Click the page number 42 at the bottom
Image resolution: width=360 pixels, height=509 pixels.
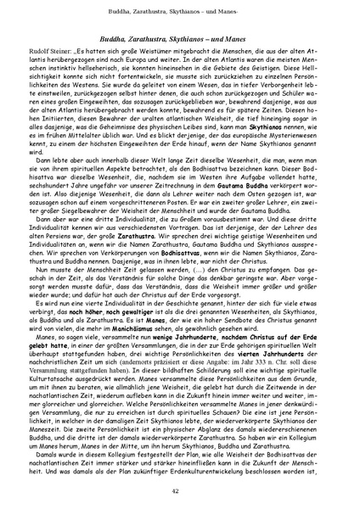180,491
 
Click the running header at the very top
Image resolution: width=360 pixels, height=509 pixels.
180,11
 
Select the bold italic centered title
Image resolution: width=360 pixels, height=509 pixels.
180,40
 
